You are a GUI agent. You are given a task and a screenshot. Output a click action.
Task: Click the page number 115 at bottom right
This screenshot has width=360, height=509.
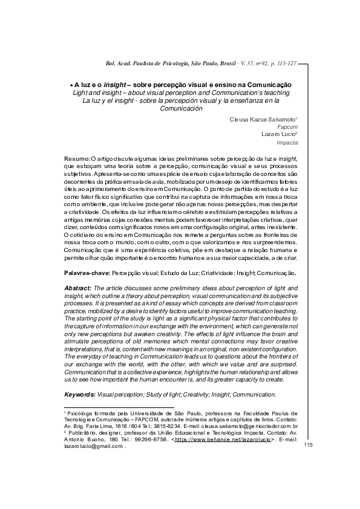pyautogui.click(x=308, y=445)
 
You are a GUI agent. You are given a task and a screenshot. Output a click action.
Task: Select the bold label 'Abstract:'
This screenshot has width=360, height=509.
pyautogui.click(x=78, y=288)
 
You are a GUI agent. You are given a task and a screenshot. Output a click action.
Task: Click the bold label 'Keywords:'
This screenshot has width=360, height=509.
pyautogui.click(x=80, y=394)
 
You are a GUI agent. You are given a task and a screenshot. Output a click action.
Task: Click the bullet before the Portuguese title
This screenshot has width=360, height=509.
pyautogui.click(x=71, y=85)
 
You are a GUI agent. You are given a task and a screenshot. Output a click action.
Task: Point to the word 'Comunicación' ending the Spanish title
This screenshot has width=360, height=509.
pyautogui.click(x=181, y=109)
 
